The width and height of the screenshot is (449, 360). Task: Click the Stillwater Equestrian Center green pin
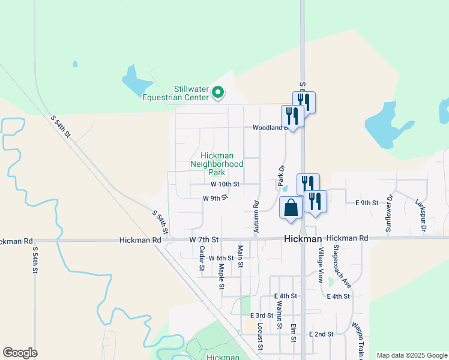pyautogui.click(x=218, y=94)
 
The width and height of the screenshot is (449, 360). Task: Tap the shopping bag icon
pyautogui.click(x=291, y=208)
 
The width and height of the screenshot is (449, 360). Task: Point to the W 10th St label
pyautogui.click(x=225, y=184)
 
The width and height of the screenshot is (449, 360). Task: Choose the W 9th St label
pyautogui.click(x=215, y=197)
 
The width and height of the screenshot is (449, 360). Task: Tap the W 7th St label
pyautogui.click(x=204, y=239)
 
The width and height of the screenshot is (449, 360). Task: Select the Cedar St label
pyautogui.click(x=202, y=258)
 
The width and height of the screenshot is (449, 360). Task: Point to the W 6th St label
pyautogui.click(x=221, y=258)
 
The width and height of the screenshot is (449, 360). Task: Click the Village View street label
pyautogui.click(x=321, y=265)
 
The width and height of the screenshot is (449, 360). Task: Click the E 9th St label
pyautogui.click(x=367, y=203)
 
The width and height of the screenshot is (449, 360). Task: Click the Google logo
pyautogui.click(x=20, y=353)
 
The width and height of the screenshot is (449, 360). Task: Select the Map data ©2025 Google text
pyautogui.click(x=411, y=355)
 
